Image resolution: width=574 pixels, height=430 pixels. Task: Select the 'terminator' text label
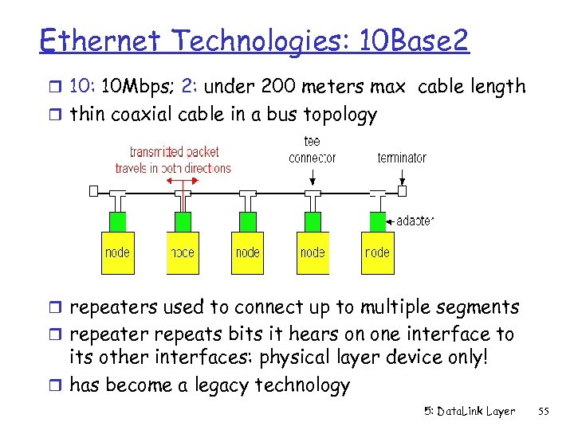pos(402,158)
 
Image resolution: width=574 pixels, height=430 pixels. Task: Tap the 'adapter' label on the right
pos(415,220)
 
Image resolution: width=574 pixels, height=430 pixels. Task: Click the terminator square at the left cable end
pos(94,191)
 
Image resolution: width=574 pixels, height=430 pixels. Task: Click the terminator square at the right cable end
pos(402,192)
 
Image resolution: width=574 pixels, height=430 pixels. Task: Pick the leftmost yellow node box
pos(117,252)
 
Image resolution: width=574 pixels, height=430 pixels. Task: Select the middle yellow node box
pos(247,252)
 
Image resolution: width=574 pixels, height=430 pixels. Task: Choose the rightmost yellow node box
pos(377,252)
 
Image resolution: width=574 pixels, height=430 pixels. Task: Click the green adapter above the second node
pos(183,221)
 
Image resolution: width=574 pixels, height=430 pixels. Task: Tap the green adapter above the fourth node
pos(313,221)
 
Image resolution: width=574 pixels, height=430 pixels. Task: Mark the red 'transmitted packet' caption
pos(173,159)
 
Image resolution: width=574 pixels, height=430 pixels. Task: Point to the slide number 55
pos(545,412)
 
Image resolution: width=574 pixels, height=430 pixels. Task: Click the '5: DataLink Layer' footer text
pos(470,412)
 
